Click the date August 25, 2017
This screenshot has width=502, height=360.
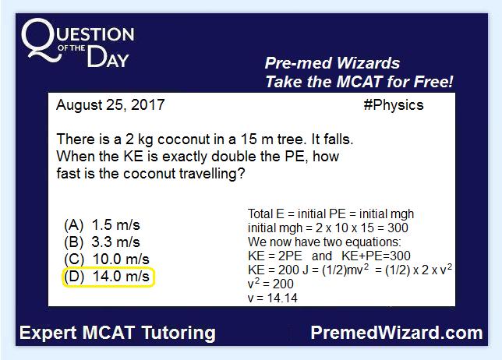(111, 105)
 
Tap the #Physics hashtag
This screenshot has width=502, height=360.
(394, 105)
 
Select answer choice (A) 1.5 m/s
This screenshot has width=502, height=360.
(102, 225)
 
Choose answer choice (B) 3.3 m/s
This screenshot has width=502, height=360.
(102, 242)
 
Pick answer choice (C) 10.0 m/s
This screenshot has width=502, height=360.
(107, 259)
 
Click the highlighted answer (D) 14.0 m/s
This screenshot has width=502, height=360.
(108, 277)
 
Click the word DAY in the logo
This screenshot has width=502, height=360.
(108, 58)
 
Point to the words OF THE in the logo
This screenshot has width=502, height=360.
(72, 48)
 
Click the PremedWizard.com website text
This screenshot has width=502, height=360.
(397, 333)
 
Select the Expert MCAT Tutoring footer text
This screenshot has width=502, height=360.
(118, 333)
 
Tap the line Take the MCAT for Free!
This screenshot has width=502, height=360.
(359, 82)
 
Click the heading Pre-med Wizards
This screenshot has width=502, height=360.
(332, 63)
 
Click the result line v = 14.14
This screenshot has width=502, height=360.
(273, 298)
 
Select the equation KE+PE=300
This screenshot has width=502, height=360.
(376, 256)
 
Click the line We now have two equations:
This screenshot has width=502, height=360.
(324, 242)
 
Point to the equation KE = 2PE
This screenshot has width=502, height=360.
(275, 256)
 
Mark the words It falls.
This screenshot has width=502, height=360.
(332, 139)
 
